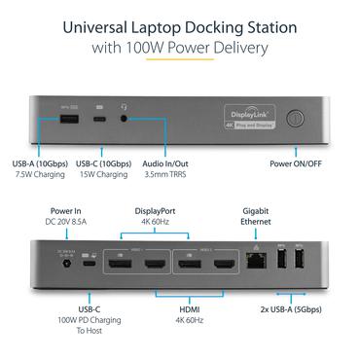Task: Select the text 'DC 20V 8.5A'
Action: click(x=66, y=221)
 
